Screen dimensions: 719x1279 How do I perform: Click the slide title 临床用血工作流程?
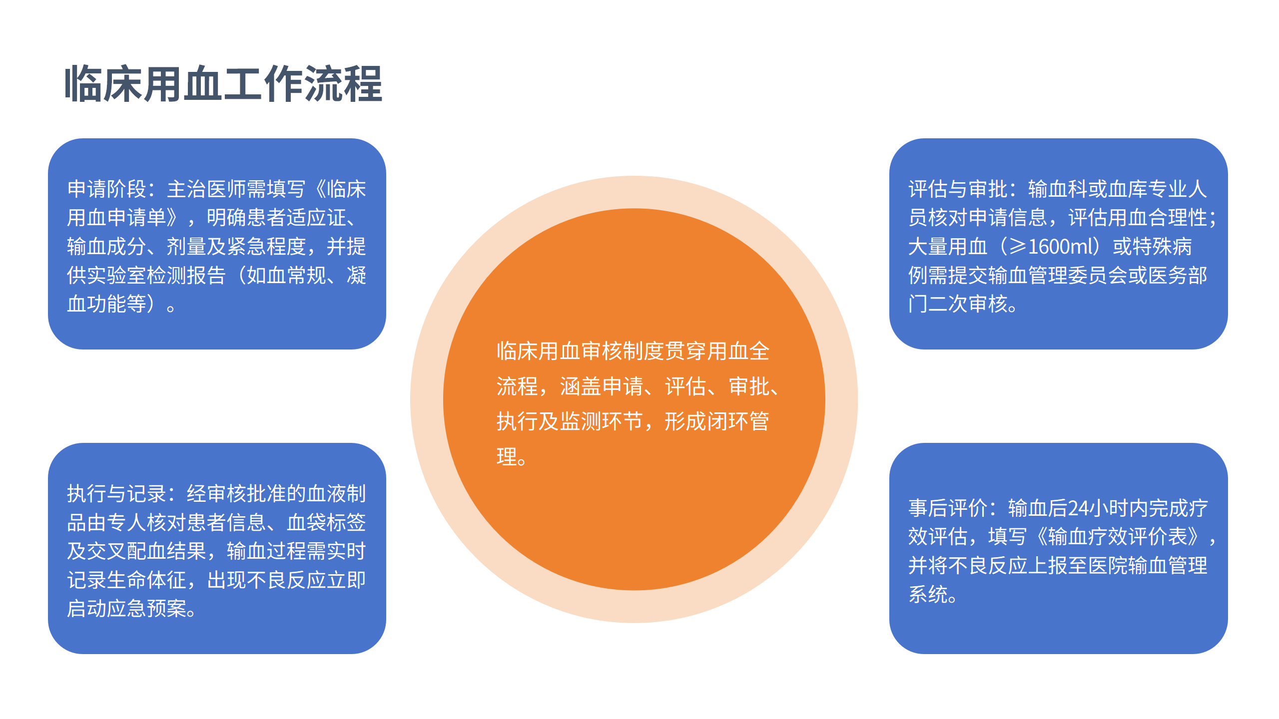(223, 84)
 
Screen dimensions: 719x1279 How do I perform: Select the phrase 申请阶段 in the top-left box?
(106, 189)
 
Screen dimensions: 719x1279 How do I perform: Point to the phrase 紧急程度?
(266, 247)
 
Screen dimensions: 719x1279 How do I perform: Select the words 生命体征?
(146, 580)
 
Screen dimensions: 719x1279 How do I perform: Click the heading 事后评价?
(947, 508)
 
